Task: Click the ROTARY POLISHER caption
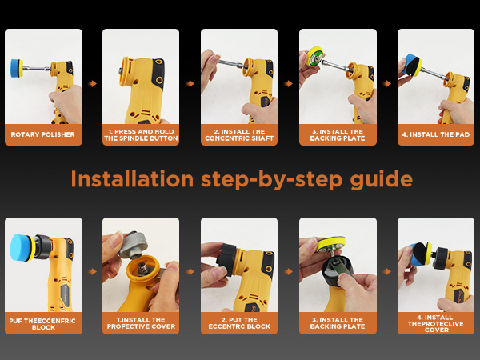pyautogui.click(x=43, y=134)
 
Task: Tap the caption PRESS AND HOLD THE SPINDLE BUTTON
pyautogui.click(x=141, y=135)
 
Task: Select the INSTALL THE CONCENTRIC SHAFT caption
pyautogui.click(x=239, y=135)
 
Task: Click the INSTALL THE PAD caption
pyautogui.click(x=436, y=134)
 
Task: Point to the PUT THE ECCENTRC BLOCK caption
pyautogui.click(x=239, y=323)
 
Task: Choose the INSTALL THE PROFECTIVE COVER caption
pyautogui.click(x=141, y=323)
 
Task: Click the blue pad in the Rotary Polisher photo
pyautogui.click(x=15, y=68)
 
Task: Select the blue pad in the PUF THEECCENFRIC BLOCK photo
pyautogui.click(x=21, y=248)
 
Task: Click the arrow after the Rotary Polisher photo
pyautogui.click(x=92, y=83)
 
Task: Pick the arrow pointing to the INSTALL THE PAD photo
pyautogui.click(x=387, y=83)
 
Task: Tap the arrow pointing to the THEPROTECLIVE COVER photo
pyautogui.click(x=387, y=271)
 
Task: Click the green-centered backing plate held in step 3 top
pyautogui.click(x=316, y=56)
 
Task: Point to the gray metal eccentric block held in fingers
pyautogui.click(x=134, y=244)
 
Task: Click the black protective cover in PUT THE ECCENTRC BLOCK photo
pyautogui.click(x=227, y=259)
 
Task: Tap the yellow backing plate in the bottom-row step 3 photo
pyautogui.click(x=331, y=244)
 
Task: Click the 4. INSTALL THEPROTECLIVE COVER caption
pyautogui.click(x=436, y=323)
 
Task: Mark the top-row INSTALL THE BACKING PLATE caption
pyautogui.click(x=338, y=135)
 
